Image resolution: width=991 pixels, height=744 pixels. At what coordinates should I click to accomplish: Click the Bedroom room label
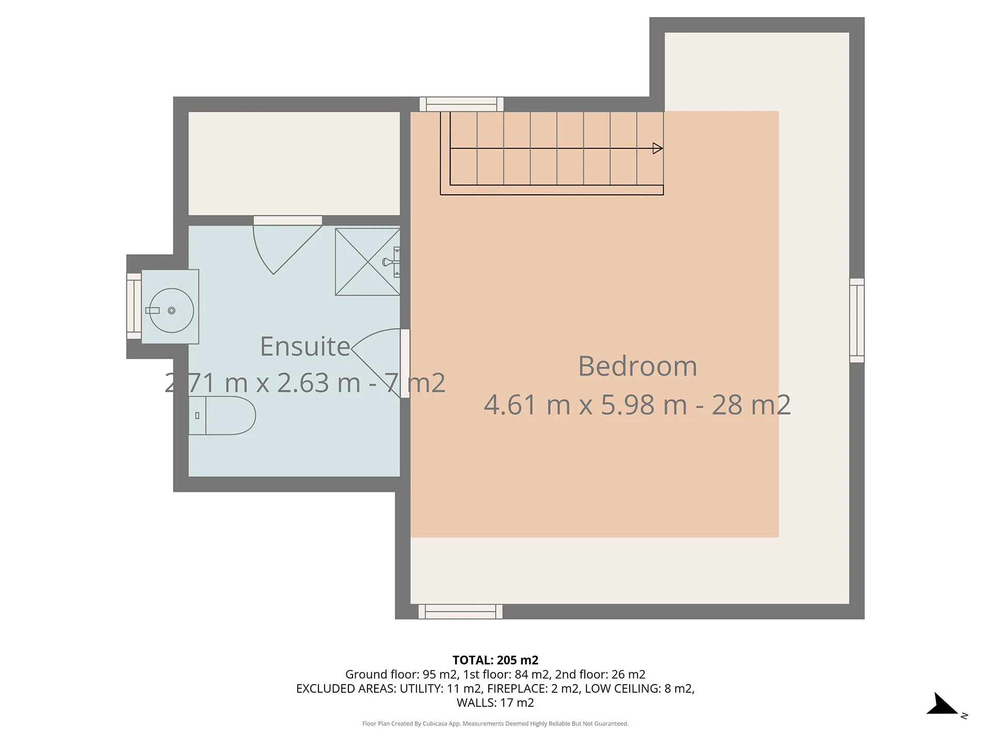637,366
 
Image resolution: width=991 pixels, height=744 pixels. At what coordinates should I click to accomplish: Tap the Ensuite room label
305,347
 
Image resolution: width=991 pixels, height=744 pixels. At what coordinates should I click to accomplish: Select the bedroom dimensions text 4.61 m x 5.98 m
585,405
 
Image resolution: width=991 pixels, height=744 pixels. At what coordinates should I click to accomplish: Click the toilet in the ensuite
222,415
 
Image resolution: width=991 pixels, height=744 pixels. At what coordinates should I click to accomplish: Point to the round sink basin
171,311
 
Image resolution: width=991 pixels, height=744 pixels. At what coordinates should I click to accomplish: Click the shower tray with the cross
367,262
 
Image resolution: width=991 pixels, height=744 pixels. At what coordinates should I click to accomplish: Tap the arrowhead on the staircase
658,149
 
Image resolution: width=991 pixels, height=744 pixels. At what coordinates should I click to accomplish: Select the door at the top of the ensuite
287,245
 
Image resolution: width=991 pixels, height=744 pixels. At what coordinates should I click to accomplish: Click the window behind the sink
134,306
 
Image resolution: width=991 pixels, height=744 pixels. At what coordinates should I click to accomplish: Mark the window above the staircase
461,104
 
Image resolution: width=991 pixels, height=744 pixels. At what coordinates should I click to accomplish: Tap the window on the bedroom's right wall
857,320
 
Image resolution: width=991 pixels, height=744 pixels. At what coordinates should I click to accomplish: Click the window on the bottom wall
460,612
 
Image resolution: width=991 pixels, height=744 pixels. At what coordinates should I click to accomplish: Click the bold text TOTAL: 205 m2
495,660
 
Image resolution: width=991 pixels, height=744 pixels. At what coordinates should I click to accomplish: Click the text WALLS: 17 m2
495,703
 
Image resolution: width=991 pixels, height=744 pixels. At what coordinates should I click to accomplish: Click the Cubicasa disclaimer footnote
495,724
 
